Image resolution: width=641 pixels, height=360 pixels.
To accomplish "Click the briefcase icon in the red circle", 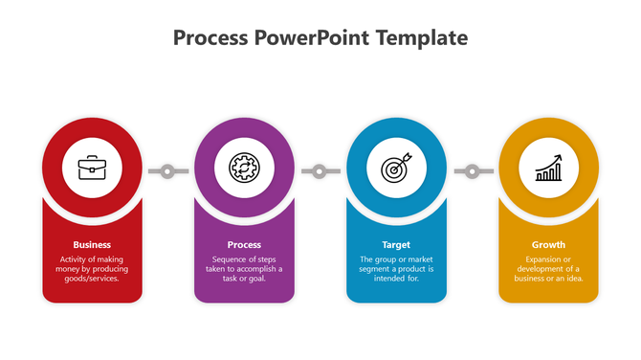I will click(92, 169).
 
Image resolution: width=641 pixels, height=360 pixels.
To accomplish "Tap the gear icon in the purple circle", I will click(244, 169).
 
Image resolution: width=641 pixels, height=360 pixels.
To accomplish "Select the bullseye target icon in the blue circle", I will click(396, 169).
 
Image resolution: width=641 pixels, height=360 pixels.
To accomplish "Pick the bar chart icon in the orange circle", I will click(548, 169).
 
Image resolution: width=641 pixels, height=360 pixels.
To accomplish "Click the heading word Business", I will click(92, 244).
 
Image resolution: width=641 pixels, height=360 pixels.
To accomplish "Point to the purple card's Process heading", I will click(244, 244).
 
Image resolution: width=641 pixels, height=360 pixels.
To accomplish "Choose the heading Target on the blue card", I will click(396, 244).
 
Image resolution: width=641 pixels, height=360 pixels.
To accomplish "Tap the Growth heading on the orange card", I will click(548, 244).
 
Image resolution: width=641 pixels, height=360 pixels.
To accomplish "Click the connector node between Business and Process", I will click(167, 171).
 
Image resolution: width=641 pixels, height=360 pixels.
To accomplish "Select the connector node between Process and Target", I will click(320, 171).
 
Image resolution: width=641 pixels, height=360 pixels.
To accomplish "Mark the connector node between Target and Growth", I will click(472, 171).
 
